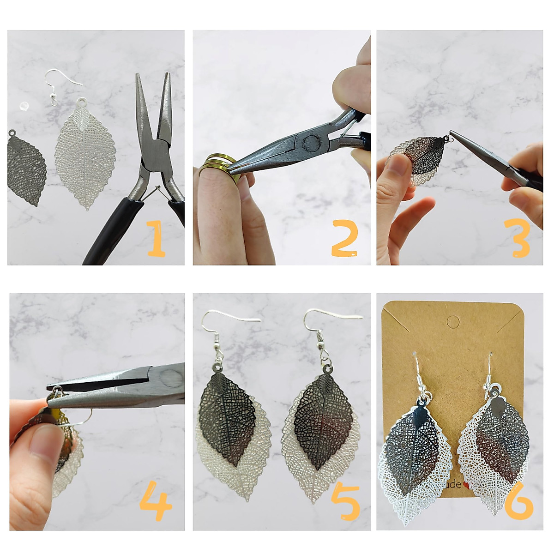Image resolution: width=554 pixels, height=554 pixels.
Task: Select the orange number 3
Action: (x=520, y=238)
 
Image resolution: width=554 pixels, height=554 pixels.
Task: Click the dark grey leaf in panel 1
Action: (x=27, y=171)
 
